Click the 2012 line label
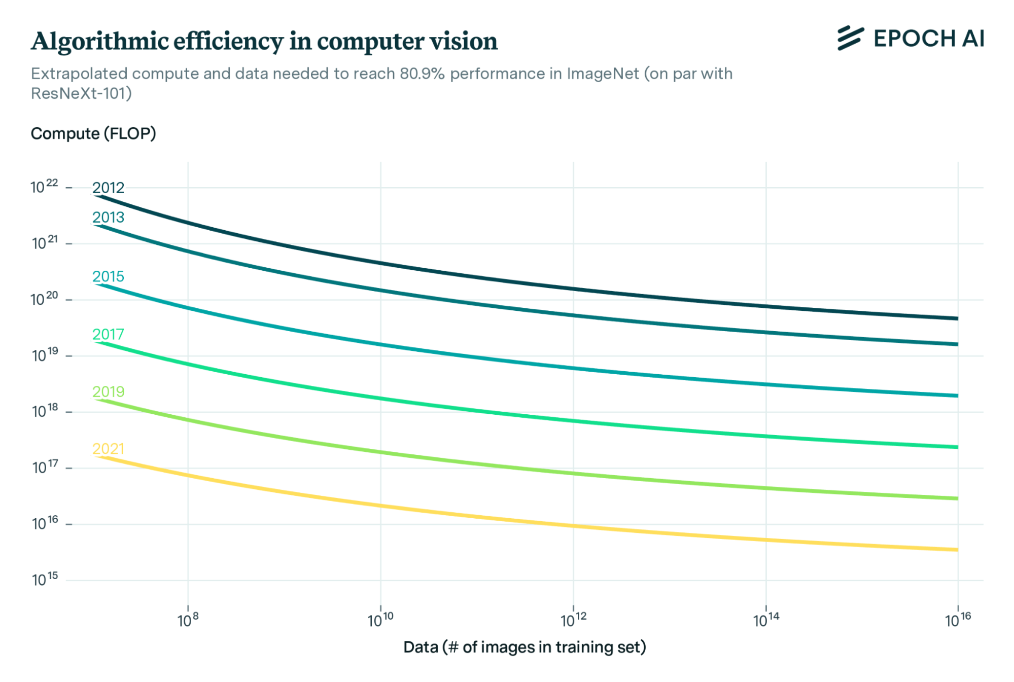[108, 188]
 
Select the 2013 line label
[108, 218]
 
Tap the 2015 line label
[108, 277]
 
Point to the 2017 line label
[108, 335]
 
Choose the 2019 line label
[108, 392]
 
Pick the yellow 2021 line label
[108, 449]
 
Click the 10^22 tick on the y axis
[45, 187]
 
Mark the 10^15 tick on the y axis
[45, 579]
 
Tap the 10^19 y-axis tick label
[45, 355]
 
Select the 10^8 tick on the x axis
[188, 620]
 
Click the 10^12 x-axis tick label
[573, 620]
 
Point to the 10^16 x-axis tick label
[958, 620]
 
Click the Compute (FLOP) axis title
[93, 134]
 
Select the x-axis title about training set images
[525, 648]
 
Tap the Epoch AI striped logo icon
[850, 39]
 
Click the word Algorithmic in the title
[99, 42]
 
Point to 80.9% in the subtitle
[422, 74]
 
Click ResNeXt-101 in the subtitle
[81, 94]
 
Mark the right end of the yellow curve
[957, 550]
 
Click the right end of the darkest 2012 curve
[957, 318]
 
